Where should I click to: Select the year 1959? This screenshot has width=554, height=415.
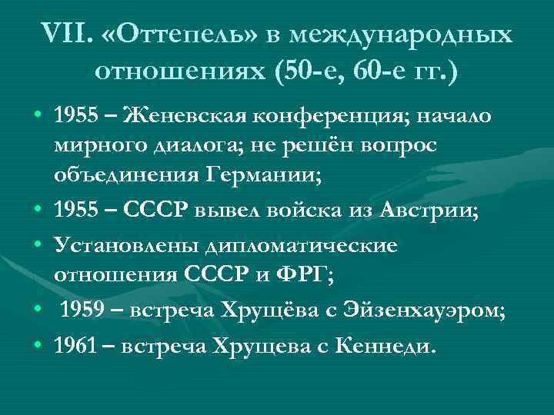pyautogui.click(x=84, y=311)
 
